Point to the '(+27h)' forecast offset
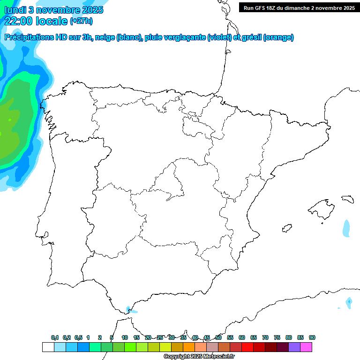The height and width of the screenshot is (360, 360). [x=81, y=21]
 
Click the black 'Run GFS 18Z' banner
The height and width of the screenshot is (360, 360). [x=299, y=7]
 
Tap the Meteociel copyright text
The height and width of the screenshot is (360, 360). [x=199, y=357]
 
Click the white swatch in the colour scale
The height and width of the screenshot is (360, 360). [x=48, y=347]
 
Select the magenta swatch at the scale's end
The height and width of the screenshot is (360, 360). [x=306, y=347]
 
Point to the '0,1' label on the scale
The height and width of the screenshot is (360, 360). [x=55, y=338]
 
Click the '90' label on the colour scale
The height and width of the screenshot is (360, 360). [x=312, y=338]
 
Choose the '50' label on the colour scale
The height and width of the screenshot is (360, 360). [x=218, y=338]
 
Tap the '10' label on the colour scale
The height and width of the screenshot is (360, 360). [x=125, y=338]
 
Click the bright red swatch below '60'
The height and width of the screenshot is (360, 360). [x=247, y=347]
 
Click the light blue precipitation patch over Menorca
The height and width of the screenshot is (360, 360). [x=346, y=229]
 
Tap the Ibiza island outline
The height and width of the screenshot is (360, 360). [x=286, y=229]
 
